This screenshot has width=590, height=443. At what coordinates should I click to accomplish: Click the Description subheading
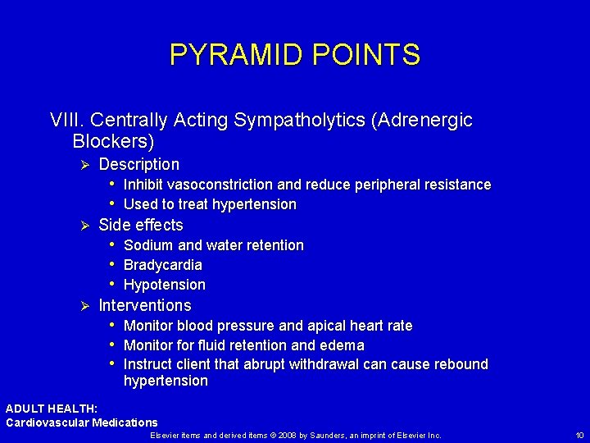[138, 164]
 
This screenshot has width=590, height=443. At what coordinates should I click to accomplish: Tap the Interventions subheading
[144, 305]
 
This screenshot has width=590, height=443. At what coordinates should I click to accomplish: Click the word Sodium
[148, 245]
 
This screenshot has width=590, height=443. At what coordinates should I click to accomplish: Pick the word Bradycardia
[162, 265]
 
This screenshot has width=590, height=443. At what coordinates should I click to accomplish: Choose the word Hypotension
[164, 285]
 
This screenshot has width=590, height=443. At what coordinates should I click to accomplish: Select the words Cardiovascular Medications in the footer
[82, 422]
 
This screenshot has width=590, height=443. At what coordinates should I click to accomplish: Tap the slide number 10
[579, 435]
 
